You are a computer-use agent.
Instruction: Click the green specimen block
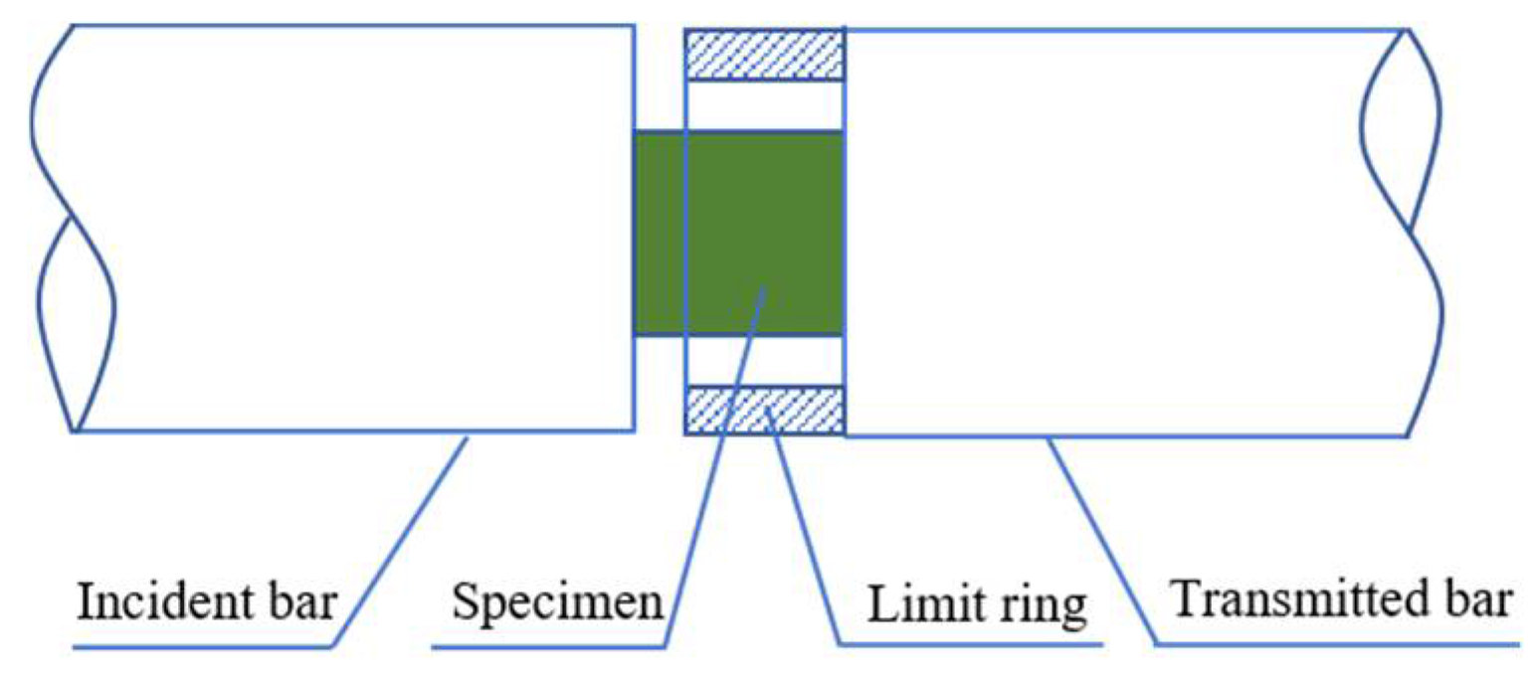click(x=738, y=231)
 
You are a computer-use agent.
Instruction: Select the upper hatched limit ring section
click(x=764, y=55)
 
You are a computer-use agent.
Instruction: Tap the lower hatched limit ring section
click(x=764, y=411)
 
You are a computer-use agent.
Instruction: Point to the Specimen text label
click(x=557, y=602)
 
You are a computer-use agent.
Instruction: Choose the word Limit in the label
click(x=907, y=605)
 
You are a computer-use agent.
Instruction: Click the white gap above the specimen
click(x=764, y=104)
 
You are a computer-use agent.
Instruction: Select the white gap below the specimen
click(x=764, y=360)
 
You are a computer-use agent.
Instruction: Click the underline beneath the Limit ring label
click(x=970, y=647)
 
